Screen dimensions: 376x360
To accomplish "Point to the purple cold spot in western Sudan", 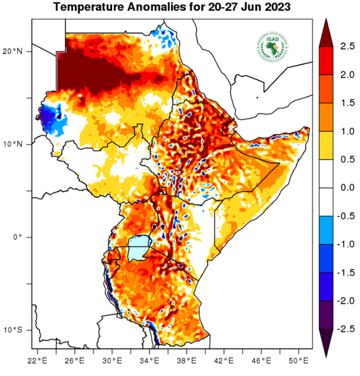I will coord(46,115).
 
